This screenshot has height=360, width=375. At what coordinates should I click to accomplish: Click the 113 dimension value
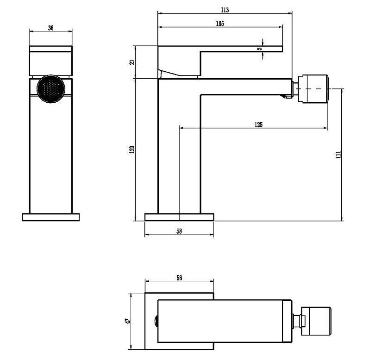pos(225,10)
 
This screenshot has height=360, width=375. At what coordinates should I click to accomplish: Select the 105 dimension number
pos(220,24)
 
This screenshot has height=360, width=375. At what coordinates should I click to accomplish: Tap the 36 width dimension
pos(51,28)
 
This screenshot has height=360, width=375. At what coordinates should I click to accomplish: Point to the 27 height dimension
pos(132,62)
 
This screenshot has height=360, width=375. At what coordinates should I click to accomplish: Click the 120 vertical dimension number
pos(132,149)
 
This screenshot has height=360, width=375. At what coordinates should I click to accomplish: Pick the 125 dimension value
pos(258,124)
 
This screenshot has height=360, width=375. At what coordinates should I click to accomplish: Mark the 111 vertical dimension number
pos(338,155)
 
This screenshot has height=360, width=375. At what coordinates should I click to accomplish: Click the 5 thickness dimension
pos(260,49)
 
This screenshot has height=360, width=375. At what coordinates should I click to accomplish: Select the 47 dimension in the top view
pos(128,321)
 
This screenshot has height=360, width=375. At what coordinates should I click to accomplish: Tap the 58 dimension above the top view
pos(179,278)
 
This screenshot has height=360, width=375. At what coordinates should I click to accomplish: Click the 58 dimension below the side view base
pos(179,231)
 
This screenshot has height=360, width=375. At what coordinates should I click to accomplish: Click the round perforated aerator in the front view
pos(51,89)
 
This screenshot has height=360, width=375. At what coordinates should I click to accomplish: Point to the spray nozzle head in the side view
pos(313,89)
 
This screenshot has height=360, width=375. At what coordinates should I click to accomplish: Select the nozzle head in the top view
pos(316,321)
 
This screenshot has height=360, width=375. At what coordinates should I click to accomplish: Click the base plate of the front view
pos(51,217)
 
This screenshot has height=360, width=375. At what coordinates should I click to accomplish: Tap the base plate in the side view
pos(179,217)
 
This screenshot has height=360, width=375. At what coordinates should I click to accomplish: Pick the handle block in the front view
pos(51,61)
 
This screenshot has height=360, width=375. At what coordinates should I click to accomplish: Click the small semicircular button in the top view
pos(156,321)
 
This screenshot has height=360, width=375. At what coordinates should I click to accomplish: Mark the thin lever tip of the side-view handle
pos(242,49)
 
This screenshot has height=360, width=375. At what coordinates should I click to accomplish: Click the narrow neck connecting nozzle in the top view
pos(297,321)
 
